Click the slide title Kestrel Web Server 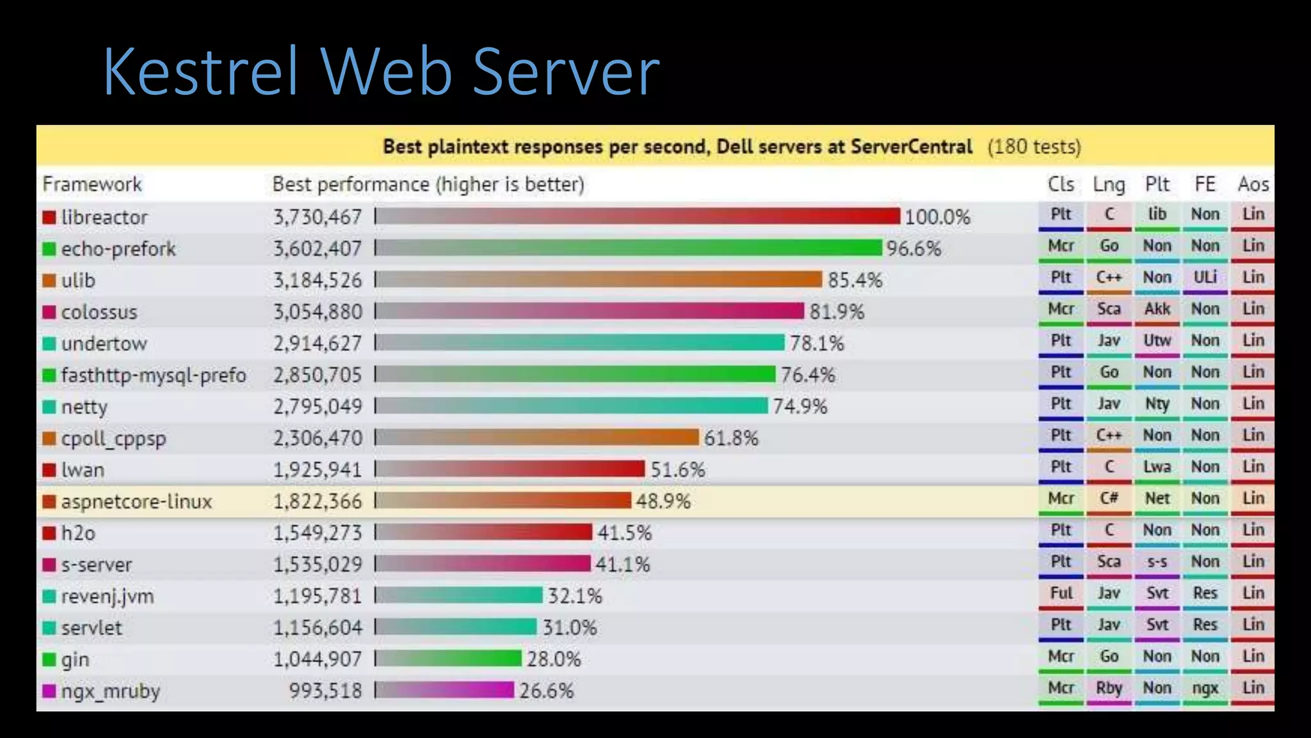382,72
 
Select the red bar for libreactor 638,217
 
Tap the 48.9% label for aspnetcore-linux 663,501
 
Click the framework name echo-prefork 118,249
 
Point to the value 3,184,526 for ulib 318,280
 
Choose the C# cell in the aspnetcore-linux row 1109,498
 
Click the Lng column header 1109,184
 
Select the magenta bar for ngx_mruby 445,691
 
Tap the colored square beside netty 49,407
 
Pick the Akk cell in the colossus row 1157,309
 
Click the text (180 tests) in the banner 1034,147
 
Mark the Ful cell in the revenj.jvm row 1061,593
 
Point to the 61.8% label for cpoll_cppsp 731,438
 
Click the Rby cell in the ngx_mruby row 1109,688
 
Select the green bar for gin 449,659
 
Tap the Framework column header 92,184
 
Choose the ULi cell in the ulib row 1205,277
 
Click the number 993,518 325,691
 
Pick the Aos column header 1253,184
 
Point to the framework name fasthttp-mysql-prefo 154,375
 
